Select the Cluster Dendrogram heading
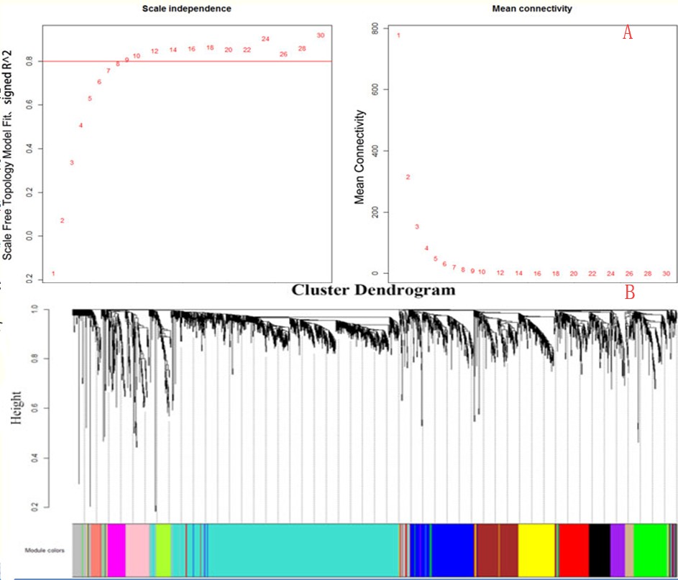click(x=373, y=290)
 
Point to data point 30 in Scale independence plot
click(x=320, y=35)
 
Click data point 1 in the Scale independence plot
click(x=53, y=274)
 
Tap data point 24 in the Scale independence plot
click(x=265, y=39)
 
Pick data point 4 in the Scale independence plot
click(x=81, y=126)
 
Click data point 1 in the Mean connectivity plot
click(x=398, y=34)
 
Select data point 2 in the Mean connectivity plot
click(x=408, y=177)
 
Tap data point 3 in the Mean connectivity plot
click(x=417, y=227)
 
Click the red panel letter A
click(x=627, y=32)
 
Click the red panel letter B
click(x=629, y=293)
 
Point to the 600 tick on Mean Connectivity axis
click(x=375, y=89)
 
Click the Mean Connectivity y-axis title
click(x=361, y=156)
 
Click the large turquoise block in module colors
click(x=302, y=550)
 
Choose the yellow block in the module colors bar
click(x=536, y=550)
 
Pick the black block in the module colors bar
click(x=599, y=550)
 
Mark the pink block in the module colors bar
click(x=137, y=550)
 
